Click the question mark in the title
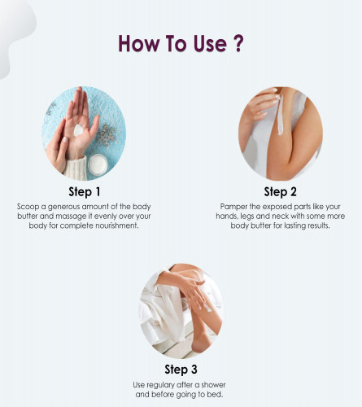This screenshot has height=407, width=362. (x=238, y=43)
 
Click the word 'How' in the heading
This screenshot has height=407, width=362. (x=138, y=43)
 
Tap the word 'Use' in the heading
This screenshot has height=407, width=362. (x=210, y=43)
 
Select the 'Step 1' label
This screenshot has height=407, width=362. (x=85, y=191)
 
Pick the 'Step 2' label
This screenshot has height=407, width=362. (x=281, y=191)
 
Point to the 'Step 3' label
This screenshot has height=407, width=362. (x=181, y=370)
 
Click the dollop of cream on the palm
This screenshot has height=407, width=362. (x=79, y=130)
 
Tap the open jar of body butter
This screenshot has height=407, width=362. (x=98, y=164)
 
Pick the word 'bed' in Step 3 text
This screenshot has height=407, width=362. (x=216, y=394)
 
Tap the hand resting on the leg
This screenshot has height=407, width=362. (x=194, y=291)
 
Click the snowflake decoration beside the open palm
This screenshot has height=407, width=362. (x=107, y=134)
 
